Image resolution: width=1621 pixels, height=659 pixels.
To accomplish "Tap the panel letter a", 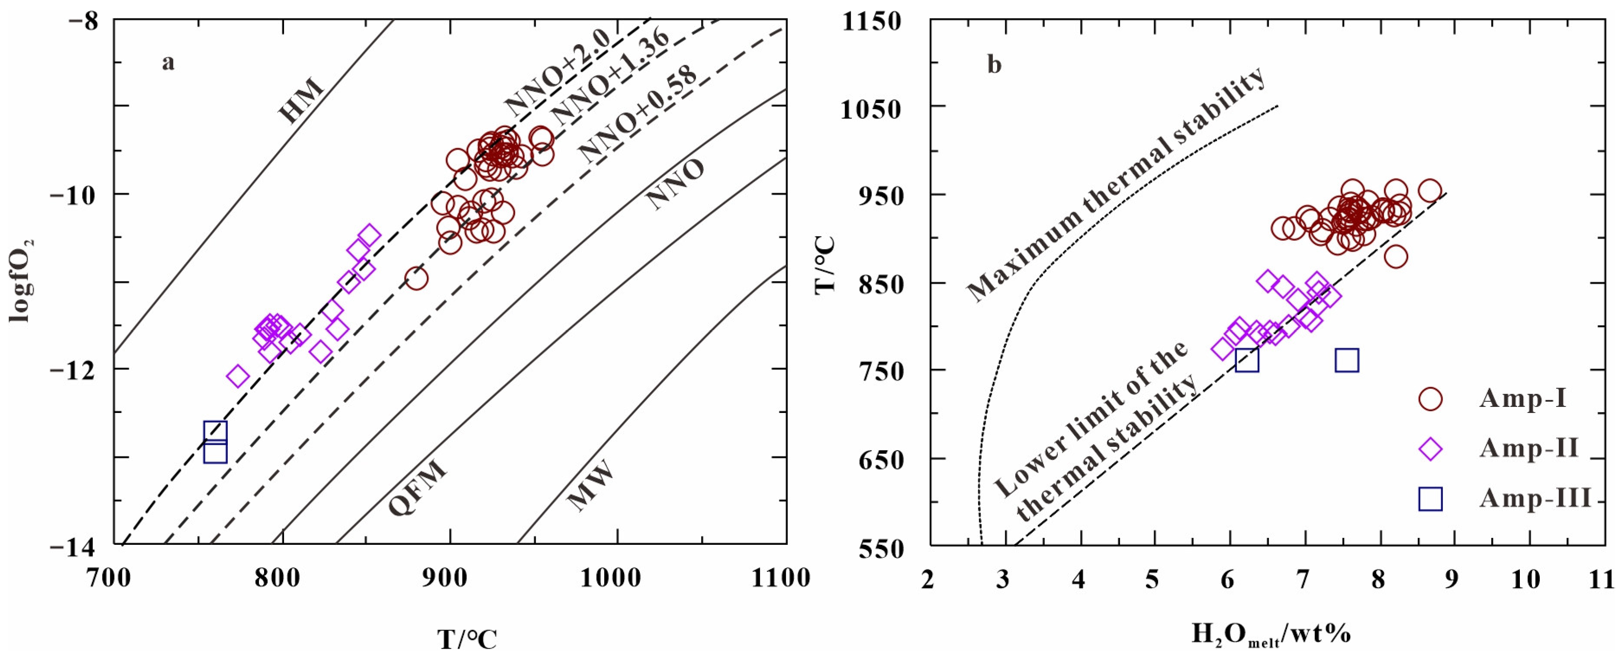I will point(168,63).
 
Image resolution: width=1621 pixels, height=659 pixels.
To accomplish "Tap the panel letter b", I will point(994,64).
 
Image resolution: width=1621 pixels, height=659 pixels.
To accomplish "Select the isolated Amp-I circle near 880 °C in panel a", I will point(416,278).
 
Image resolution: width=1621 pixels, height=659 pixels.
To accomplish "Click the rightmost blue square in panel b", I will point(1347,361).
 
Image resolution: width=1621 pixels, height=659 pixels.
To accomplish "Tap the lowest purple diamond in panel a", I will point(238,376).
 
